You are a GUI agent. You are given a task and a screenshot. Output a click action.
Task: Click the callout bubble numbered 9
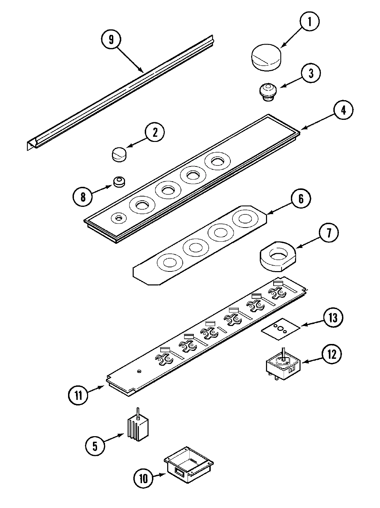pos(111,39)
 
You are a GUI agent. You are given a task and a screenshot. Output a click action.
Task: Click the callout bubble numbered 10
pos(144,479)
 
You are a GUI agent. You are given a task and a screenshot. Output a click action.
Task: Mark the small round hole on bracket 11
pos(139,371)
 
